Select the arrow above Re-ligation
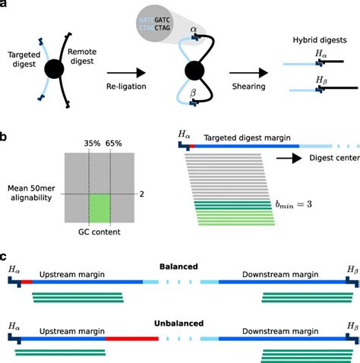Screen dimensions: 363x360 coord(132,73)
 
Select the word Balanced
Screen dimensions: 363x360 coord(179,267)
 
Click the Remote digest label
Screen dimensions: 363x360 coord(84,59)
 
